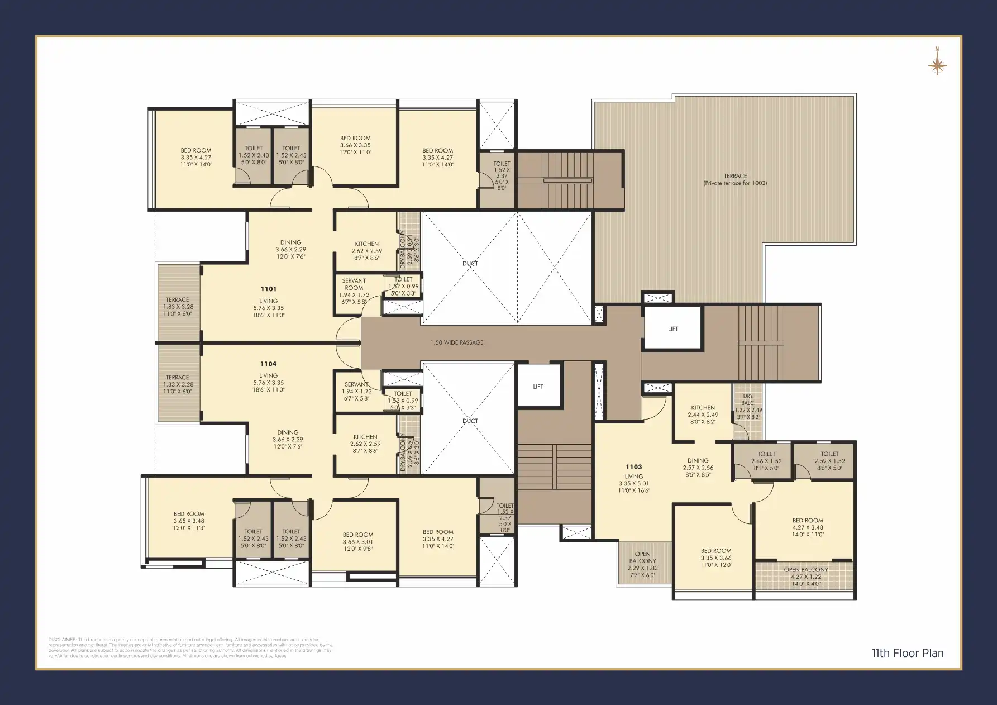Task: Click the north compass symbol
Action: pos(937,65)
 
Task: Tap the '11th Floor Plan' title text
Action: pos(908,653)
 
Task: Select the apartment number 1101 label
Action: pos(268,289)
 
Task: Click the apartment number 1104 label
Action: pos(268,364)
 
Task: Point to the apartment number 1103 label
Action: pos(633,466)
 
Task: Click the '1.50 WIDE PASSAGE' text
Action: pos(456,342)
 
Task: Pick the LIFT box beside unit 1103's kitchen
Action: pos(672,328)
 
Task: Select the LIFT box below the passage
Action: pos(538,386)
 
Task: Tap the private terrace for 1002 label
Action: pos(735,179)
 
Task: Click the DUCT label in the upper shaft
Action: pos(470,263)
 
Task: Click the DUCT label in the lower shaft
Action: pos(470,421)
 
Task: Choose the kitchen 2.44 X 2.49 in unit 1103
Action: pos(703,415)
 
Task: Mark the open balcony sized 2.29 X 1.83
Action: pos(642,564)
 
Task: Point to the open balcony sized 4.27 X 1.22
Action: pos(805,577)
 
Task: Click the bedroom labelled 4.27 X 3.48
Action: pos(807,527)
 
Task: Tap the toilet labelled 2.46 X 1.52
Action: pos(766,461)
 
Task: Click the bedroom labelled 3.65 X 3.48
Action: pos(189,520)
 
